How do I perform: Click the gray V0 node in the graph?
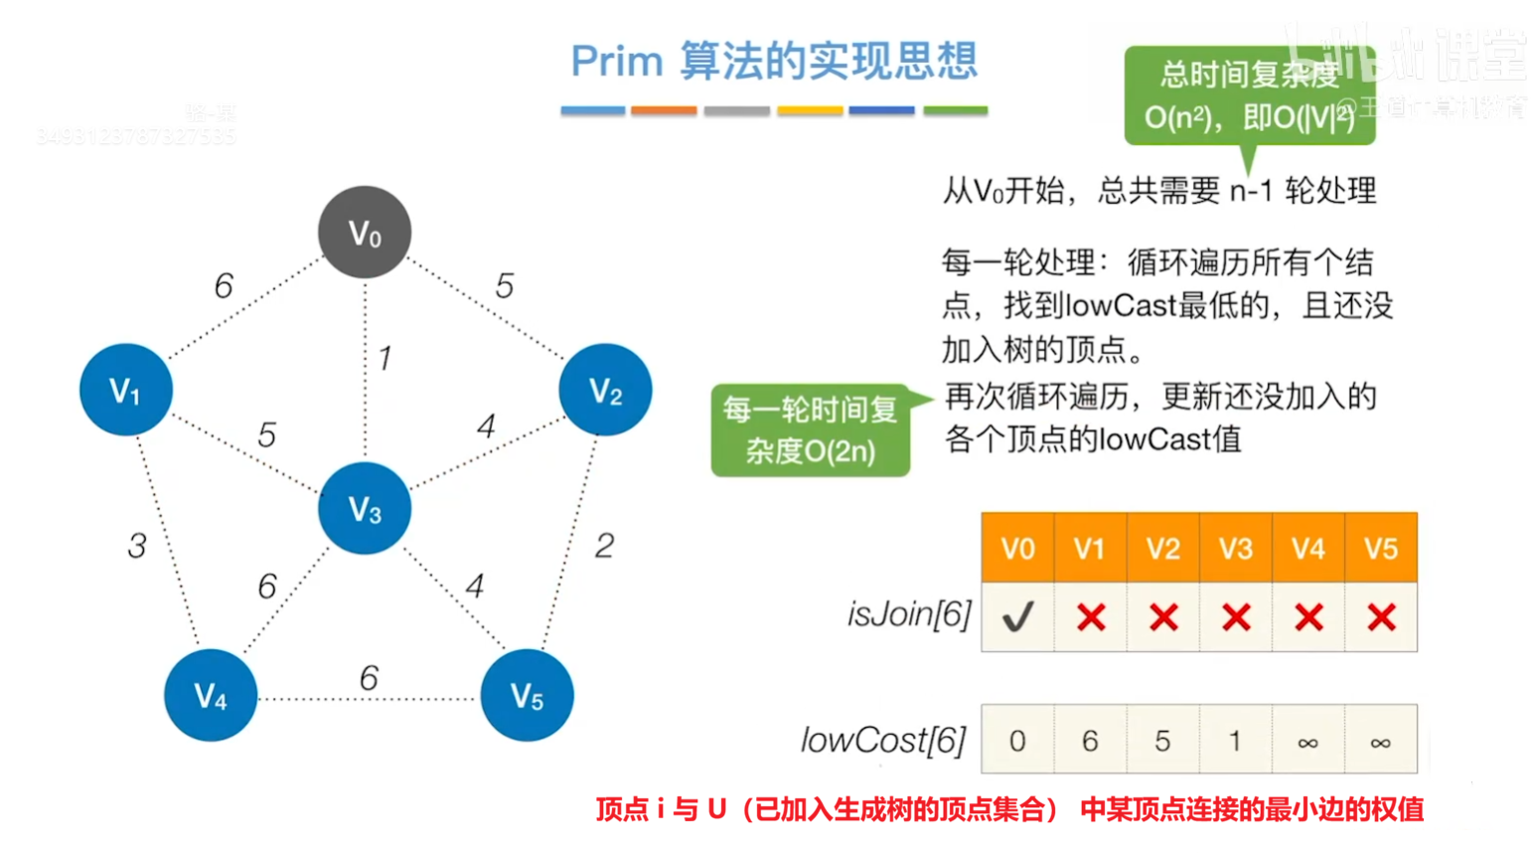(365, 233)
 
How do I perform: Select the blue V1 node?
(125, 390)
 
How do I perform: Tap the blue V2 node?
(605, 390)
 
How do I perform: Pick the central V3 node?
(365, 509)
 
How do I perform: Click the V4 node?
(211, 695)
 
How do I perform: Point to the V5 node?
(527, 695)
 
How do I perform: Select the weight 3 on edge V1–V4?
(137, 546)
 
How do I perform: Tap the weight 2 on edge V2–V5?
(604, 545)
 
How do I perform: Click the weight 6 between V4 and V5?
(369, 678)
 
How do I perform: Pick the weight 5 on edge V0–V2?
(505, 286)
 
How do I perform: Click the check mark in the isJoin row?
(1017, 617)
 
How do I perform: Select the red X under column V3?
(1236, 617)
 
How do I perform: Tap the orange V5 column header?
(1381, 548)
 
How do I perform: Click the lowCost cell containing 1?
(1235, 741)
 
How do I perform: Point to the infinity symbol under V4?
(1308, 742)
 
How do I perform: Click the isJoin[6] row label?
(908, 614)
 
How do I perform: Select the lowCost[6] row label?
(883, 741)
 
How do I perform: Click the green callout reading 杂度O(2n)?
(811, 430)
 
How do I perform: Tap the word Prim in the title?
(616, 62)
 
